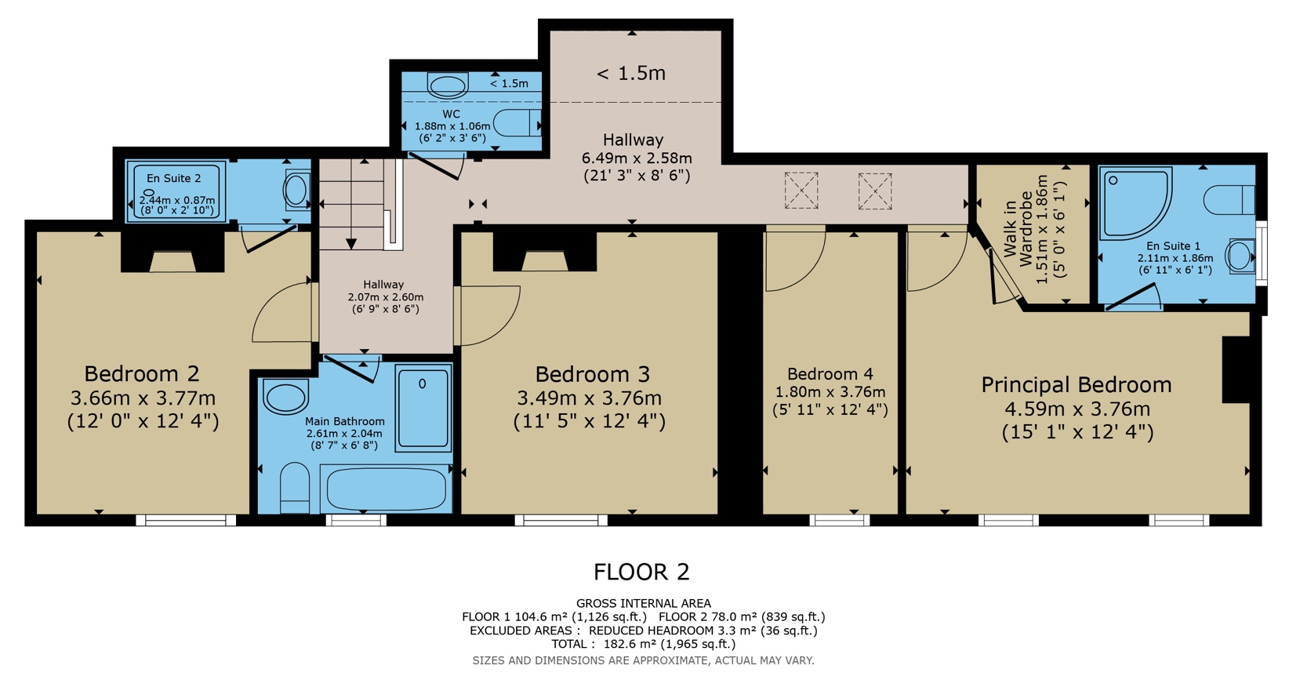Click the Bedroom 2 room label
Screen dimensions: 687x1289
coord(142,373)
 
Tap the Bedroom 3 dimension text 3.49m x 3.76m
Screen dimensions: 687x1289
coord(589,398)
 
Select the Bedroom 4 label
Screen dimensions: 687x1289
coord(830,374)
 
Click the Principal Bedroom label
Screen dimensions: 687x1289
coord(1077,385)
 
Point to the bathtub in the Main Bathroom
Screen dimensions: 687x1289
coord(387,489)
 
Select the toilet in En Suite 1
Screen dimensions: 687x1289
coord(1229,199)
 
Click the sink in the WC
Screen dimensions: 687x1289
coord(448,84)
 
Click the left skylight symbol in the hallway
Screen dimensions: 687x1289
coord(801,191)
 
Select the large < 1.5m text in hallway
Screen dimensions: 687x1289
coord(631,74)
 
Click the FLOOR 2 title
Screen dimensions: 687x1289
coord(641,572)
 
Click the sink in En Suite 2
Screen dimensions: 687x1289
coord(296,189)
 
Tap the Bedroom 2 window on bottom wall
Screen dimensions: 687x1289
coord(186,520)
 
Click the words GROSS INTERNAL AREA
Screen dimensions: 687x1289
coord(643,603)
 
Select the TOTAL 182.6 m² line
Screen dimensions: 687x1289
coord(643,644)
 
